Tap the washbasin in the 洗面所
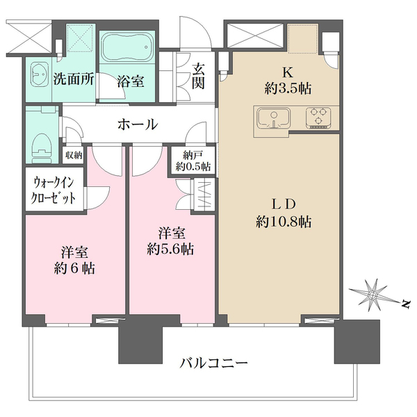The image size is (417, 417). coord(40,74)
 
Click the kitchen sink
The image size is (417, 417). coord(273,118)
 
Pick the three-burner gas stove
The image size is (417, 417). coord(318,117)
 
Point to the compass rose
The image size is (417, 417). coord(373,295)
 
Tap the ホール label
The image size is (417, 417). coord(138,124)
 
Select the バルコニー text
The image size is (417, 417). coord(213,363)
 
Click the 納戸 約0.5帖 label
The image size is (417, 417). coord(193,161)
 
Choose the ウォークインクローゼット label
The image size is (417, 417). coord(53,190)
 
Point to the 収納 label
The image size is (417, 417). coord(74,155)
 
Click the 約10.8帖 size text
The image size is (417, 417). coord(284,221)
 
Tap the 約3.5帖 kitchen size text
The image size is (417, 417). coord(288,88)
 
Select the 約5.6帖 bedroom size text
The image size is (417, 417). coord(170,250)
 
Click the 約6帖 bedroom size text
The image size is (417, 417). coord(74,268)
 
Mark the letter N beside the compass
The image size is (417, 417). coord(405,304)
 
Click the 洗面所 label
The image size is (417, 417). coord(74,79)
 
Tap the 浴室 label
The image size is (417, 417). coord(131,81)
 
